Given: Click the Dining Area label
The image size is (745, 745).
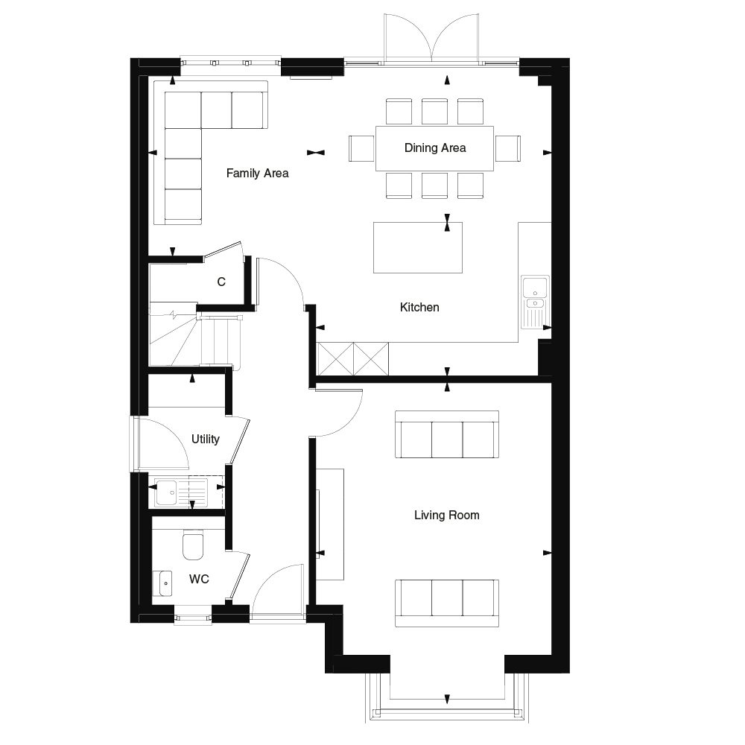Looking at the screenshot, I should (435, 148).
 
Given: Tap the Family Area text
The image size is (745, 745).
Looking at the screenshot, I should (257, 174).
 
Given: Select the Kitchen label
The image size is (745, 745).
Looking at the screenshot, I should (419, 307).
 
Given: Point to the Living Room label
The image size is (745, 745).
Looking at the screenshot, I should (447, 515).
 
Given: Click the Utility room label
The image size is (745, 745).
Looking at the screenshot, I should (206, 439).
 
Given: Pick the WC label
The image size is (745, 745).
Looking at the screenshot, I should (199, 579).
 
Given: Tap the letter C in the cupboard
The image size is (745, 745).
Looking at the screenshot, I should (221, 282).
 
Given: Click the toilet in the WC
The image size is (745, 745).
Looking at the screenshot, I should (193, 545).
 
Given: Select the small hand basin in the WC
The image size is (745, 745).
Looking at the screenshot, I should (162, 582).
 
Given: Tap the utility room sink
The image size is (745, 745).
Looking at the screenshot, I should (168, 492).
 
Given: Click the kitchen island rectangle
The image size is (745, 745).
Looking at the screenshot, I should (417, 247).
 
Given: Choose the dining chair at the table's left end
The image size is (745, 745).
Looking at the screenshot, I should (362, 148).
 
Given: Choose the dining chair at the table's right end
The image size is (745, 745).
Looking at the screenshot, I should (508, 148).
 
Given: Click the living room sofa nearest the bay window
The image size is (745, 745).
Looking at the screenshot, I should (447, 602).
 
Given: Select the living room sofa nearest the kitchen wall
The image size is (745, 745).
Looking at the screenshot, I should (447, 434).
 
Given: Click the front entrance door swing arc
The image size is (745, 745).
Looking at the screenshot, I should (277, 589).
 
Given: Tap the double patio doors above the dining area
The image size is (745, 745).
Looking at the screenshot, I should (431, 37).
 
